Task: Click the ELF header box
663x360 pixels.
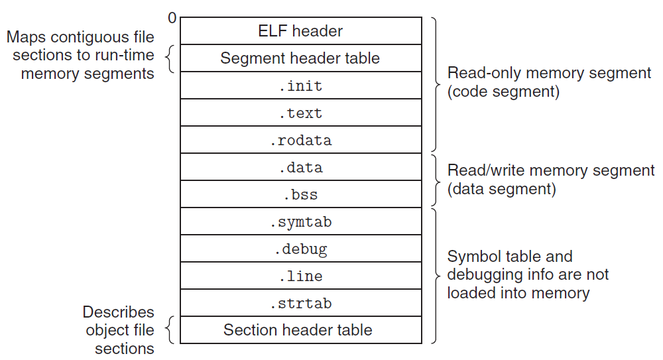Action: (300, 31)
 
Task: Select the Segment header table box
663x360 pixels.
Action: (300, 58)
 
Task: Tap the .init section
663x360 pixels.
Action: (300, 86)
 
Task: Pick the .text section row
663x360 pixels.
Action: (300, 113)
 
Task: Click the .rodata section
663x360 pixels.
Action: (300, 140)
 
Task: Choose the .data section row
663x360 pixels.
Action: (300, 167)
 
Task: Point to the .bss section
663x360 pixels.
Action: (300, 194)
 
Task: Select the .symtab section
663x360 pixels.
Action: (300, 221)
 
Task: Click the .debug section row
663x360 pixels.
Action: (300, 249)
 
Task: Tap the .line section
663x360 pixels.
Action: (300, 276)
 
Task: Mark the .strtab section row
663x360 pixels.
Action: (300, 303)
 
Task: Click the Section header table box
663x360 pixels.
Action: (300, 330)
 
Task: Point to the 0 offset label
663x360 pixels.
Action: (172, 18)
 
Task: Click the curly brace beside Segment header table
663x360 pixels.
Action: (169, 58)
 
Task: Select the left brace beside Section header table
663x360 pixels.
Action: (169, 330)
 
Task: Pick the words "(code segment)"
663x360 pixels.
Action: (503, 91)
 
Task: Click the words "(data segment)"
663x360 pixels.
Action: (501, 189)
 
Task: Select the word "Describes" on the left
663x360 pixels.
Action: (118, 312)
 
